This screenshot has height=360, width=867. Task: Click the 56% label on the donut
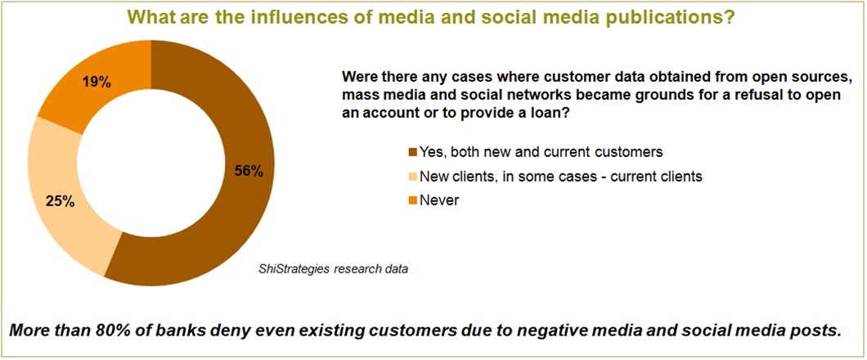pos(249,171)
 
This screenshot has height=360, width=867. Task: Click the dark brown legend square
pos(412,152)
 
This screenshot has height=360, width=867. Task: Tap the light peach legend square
pos(412,177)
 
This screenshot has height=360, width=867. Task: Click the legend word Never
pos(439,201)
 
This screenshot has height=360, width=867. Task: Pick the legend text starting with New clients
pos(560,177)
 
